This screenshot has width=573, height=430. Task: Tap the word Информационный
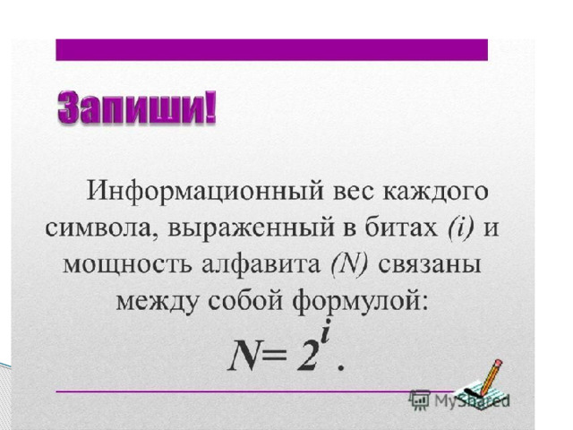coord(205,191)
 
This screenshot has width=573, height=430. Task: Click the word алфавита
coord(261,263)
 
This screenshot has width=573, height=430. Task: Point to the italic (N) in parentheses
coord(348,263)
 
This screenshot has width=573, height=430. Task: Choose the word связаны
coord(429,265)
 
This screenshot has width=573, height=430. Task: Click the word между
coord(158,302)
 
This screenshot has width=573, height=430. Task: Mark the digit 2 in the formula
coord(306,356)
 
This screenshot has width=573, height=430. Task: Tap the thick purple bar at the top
coord(271,50)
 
